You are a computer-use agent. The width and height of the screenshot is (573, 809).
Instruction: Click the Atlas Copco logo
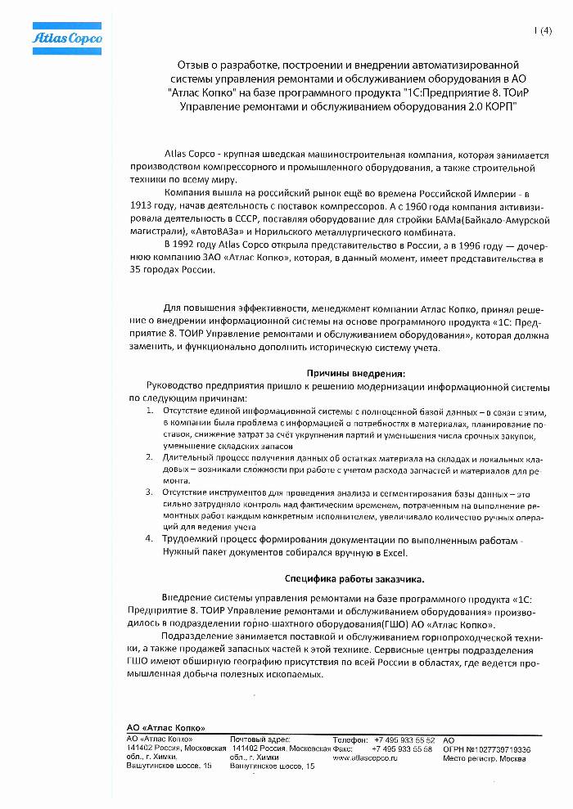coord(61,38)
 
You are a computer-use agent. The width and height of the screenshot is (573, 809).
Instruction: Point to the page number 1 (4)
coord(543,31)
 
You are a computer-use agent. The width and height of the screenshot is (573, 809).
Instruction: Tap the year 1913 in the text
coord(141,206)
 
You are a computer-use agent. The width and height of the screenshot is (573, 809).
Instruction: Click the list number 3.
coord(149,492)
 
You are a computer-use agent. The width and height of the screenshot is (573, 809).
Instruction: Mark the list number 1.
coord(149,410)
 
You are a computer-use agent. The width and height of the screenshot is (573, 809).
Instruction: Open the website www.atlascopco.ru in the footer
coord(365,758)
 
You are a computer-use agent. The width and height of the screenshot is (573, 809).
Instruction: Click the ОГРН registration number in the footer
coord(486,748)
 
